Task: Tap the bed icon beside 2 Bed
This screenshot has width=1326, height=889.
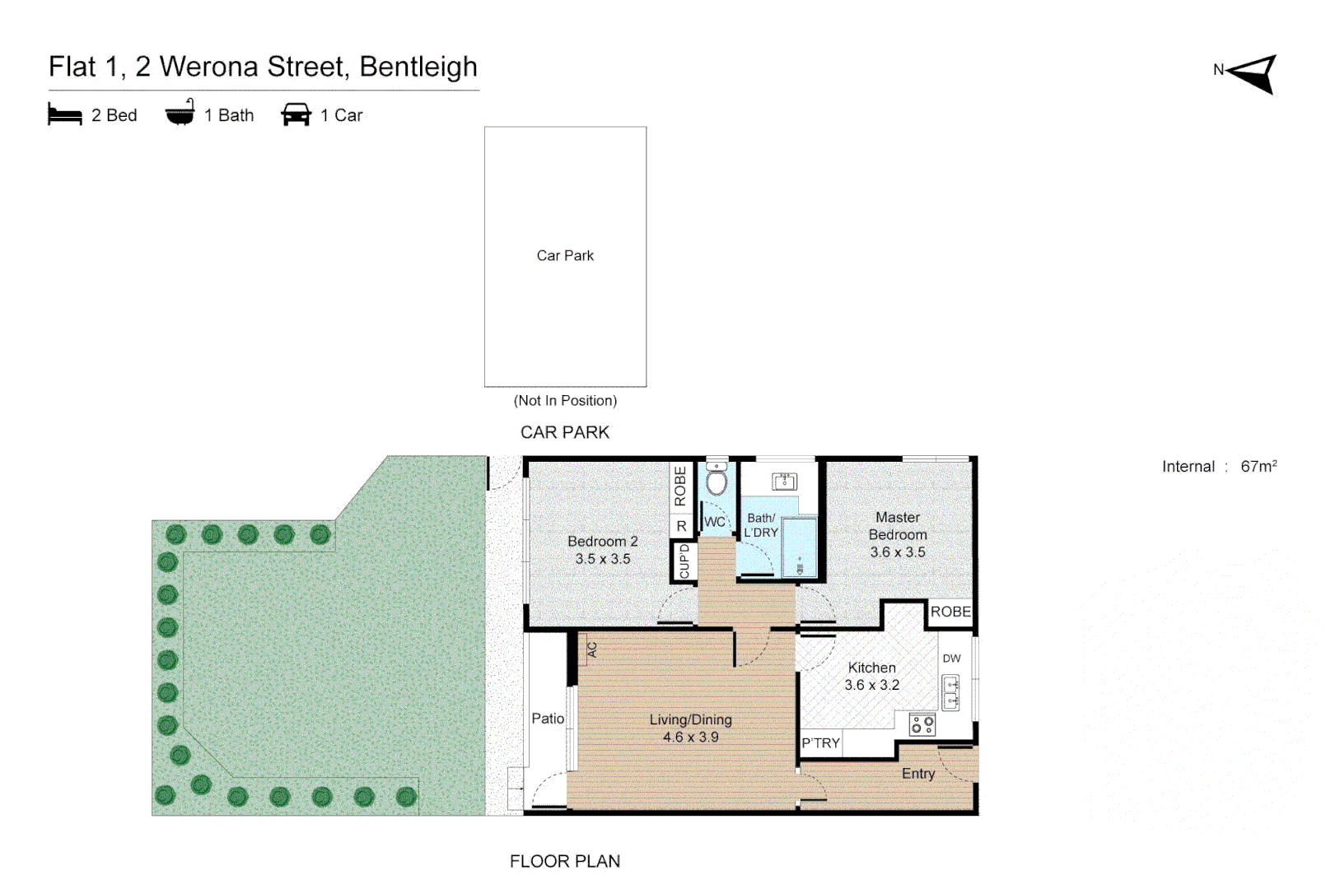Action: [x=65, y=114]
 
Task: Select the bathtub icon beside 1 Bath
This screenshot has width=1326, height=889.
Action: [x=180, y=114]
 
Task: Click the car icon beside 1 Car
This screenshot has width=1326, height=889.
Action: [x=296, y=114]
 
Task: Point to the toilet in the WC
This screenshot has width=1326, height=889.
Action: [x=717, y=479]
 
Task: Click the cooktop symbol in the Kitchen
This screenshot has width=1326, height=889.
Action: [x=922, y=724]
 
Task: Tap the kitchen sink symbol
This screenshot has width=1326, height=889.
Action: [x=950, y=692]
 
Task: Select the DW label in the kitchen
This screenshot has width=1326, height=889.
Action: [x=951, y=659]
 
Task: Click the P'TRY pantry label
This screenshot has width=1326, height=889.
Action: [x=820, y=743]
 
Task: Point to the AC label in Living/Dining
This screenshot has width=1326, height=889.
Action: [x=591, y=649]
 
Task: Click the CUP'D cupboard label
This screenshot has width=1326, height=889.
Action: [x=684, y=561]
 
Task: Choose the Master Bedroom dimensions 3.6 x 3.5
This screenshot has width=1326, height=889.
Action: [x=897, y=552]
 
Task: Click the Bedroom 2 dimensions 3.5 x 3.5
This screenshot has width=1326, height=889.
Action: [x=602, y=559]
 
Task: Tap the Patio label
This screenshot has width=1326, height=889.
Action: [x=548, y=719]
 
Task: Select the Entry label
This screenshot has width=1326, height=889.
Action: [x=917, y=774]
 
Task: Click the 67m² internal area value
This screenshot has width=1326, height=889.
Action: [x=1258, y=466]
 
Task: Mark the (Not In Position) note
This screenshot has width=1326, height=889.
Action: [x=565, y=401]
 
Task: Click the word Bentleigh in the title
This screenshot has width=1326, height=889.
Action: [x=418, y=67]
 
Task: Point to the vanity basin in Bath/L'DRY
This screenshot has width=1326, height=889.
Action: [x=784, y=482]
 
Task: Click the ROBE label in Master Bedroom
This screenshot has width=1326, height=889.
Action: [x=950, y=612]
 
